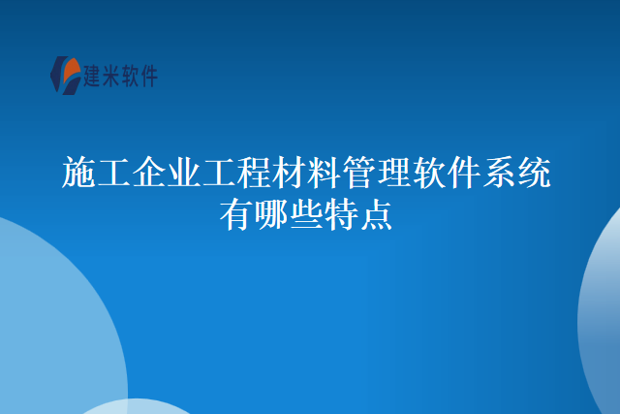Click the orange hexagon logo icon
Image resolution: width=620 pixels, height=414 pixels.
pos(66,75)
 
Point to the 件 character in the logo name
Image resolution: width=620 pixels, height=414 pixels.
pos(148,76)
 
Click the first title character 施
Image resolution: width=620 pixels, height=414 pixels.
pos(79,174)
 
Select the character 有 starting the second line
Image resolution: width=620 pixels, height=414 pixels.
pos(236,213)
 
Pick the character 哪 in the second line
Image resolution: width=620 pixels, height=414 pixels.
pos(271,213)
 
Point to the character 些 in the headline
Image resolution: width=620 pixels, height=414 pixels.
pos(306,213)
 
